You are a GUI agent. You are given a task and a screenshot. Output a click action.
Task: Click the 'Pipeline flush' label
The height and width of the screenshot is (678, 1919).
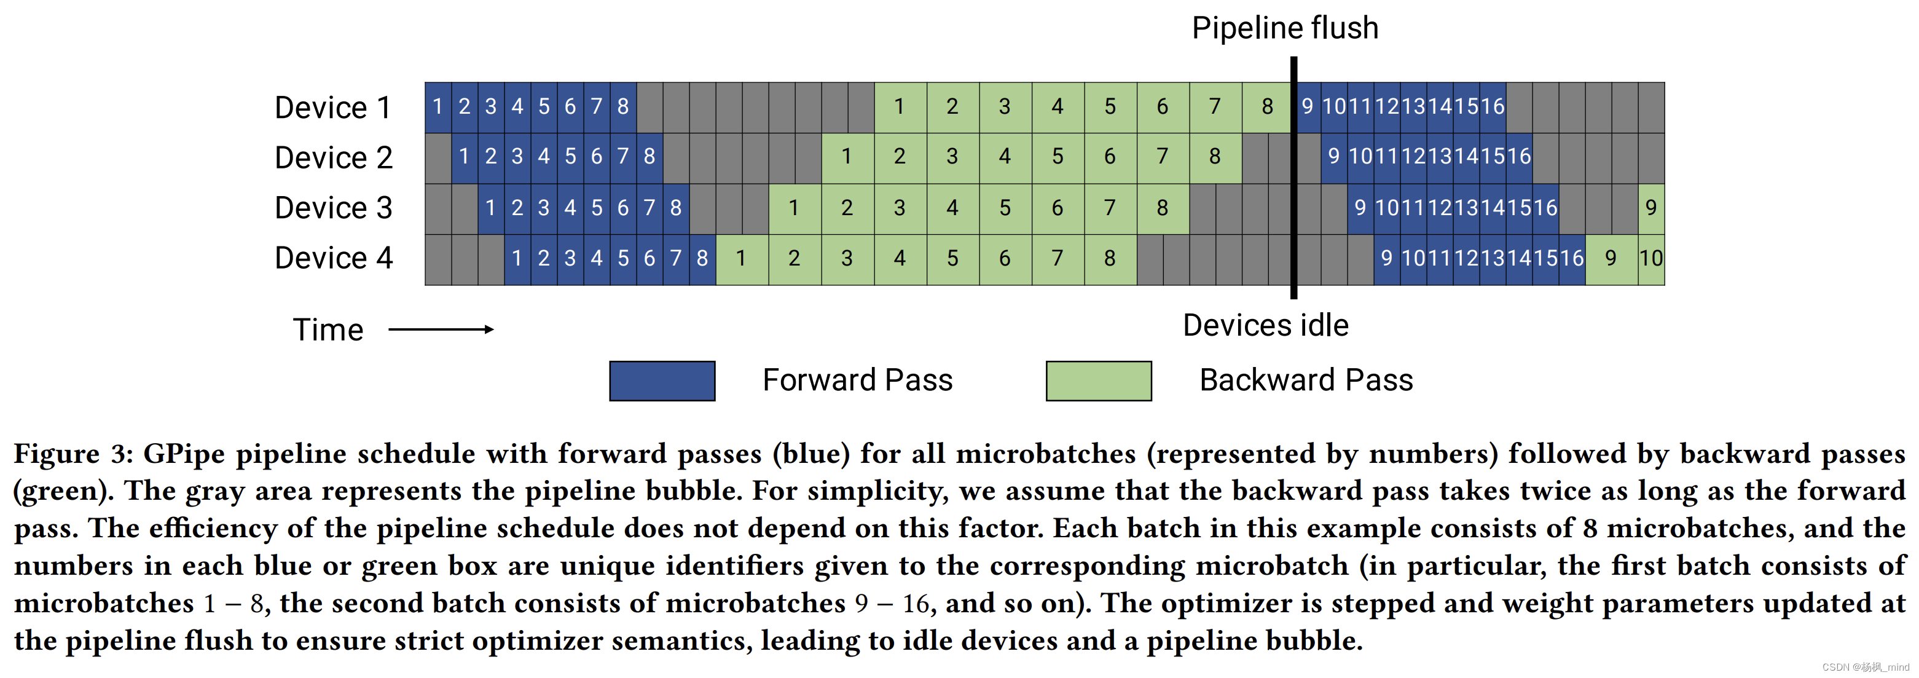[1284, 28]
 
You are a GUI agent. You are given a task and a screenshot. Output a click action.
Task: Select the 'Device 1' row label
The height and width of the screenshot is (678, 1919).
[332, 108]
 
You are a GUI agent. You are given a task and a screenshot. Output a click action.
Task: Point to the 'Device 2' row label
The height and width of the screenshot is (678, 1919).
[332, 158]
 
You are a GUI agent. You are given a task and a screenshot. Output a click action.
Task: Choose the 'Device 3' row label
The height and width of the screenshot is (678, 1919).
[332, 208]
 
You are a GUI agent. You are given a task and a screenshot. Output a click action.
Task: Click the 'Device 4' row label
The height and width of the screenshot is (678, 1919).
[332, 258]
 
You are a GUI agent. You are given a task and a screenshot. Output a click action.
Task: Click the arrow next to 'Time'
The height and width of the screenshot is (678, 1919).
[441, 329]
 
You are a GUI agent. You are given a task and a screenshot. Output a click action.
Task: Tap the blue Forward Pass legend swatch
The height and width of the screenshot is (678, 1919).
[662, 380]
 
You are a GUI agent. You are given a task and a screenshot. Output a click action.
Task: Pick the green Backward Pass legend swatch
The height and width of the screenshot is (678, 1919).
[1098, 380]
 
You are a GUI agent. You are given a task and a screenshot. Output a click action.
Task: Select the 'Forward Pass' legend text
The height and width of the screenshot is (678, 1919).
[857, 380]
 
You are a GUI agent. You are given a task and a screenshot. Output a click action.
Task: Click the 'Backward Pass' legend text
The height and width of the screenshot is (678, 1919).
[1305, 380]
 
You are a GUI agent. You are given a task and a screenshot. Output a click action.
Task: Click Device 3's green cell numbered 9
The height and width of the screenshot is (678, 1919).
[1651, 208]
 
